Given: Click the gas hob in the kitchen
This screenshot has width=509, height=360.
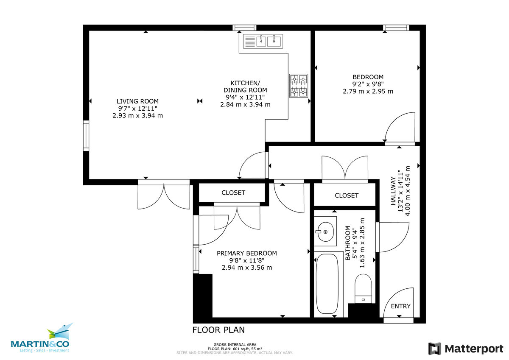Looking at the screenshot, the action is (x=299, y=86).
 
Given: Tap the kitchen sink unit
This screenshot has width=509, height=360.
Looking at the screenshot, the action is (x=263, y=41).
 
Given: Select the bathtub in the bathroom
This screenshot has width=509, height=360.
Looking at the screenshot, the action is (x=327, y=284).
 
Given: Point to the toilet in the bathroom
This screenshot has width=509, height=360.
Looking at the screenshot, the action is (x=363, y=288).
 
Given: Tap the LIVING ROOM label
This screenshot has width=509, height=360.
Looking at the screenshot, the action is (x=137, y=101).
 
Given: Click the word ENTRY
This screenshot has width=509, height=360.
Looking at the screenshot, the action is (x=400, y=306).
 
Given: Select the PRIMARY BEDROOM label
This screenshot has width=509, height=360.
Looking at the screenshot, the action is (x=247, y=253).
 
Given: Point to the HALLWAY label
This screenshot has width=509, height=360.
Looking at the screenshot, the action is (x=393, y=191).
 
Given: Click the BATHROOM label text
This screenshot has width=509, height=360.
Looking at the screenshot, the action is (x=348, y=243).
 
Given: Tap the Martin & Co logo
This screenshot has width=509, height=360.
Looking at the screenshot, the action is (x=40, y=338).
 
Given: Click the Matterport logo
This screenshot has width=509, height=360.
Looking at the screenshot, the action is (x=466, y=349).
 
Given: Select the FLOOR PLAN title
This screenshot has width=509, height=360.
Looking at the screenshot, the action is (x=218, y=330).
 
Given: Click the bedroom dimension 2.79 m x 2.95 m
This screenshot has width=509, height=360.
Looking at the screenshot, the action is (x=368, y=91).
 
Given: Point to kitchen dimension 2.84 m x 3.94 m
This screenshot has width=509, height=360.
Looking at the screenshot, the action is (x=245, y=104).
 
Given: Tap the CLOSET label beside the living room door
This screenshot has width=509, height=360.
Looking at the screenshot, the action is (x=233, y=193).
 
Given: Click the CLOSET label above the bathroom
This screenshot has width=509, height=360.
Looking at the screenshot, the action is (x=347, y=195).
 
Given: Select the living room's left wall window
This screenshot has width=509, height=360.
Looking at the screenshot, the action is (x=86, y=136).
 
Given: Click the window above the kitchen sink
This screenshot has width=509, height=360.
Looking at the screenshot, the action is (x=244, y=28).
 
